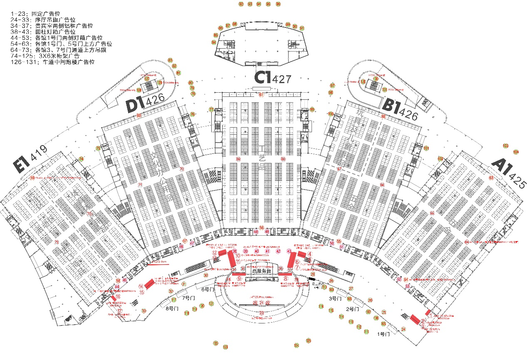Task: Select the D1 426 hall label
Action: pos(146,102)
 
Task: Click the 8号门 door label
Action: pos(171,308)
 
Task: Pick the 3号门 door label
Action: pos(335,298)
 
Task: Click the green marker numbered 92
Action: pos(241,4)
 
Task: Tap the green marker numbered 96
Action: pos(278,4)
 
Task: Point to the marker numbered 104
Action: pos(516,152)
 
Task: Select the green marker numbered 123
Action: pos(225,347)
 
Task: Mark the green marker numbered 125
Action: pos(308,341)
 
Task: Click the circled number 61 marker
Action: pos(261,95)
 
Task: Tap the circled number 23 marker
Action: pos(262,313)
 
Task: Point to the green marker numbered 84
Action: pos(214,42)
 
